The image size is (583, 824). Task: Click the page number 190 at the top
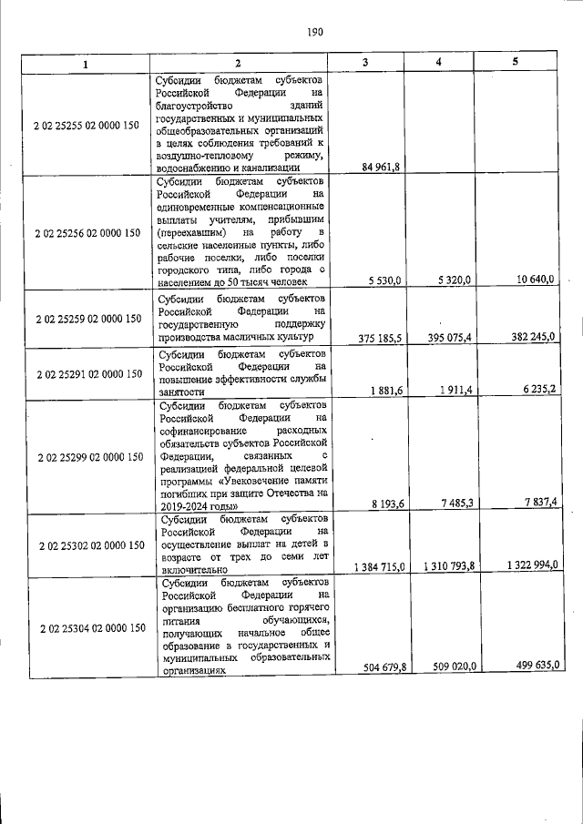pyautogui.click(x=315, y=32)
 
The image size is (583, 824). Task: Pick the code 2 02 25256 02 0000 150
pyautogui.click(x=87, y=232)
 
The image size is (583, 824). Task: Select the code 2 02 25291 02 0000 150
pyautogui.click(x=87, y=373)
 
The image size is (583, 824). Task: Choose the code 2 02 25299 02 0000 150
pyautogui.click(x=87, y=456)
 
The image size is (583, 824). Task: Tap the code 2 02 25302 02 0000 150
pyautogui.click(x=87, y=544)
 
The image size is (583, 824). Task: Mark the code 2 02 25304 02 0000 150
pyautogui.click(x=87, y=627)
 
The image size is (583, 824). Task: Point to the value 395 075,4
pyautogui.click(x=450, y=338)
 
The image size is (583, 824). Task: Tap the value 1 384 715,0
pyautogui.click(x=375, y=566)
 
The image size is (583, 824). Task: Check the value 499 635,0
pyautogui.click(x=534, y=666)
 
